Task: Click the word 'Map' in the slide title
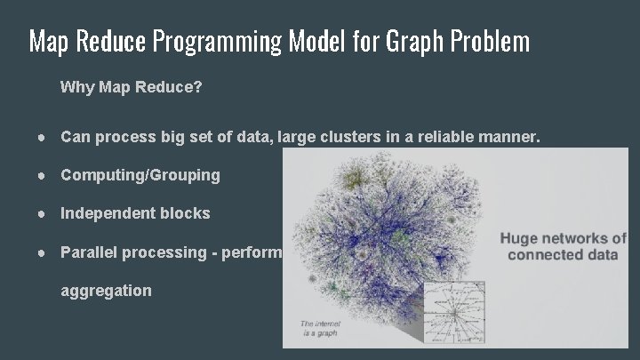(48, 41)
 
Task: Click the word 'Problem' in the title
(491, 41)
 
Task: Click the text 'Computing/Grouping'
(140, 175)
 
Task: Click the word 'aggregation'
(106, 291)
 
